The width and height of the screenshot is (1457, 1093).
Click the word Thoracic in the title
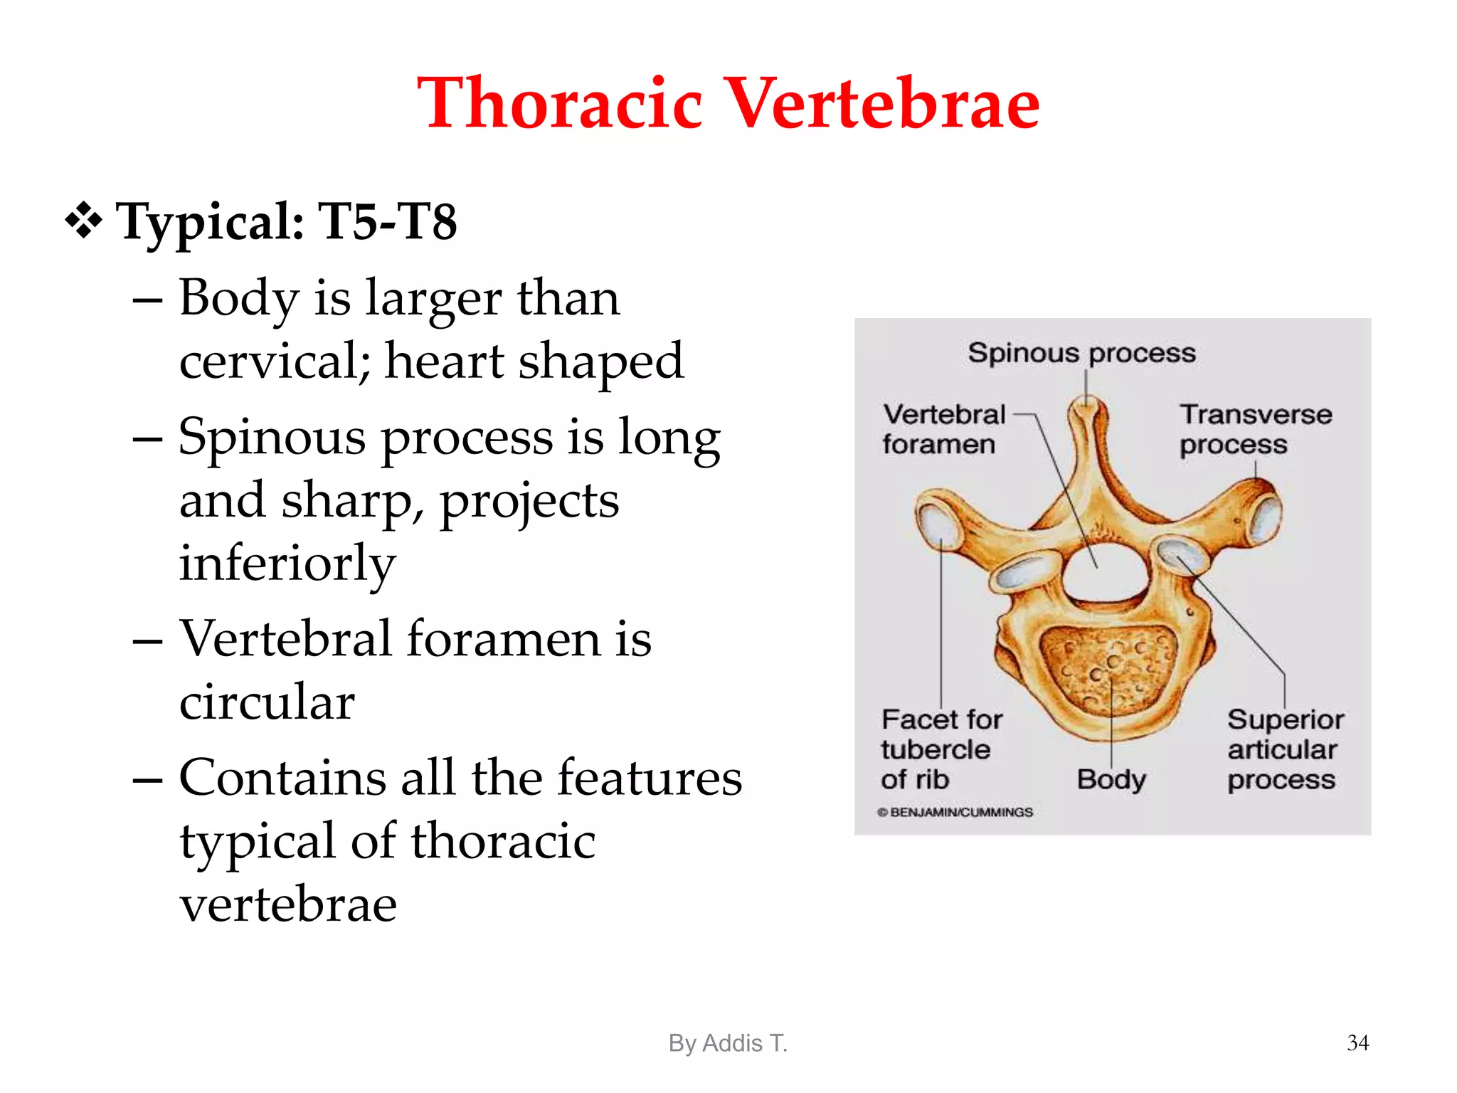(x=560, y=104)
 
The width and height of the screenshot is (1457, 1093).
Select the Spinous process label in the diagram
(x=1081, y=353)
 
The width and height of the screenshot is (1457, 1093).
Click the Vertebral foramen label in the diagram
(x=942, y=429)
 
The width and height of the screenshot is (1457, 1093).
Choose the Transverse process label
(x=1254, y=429)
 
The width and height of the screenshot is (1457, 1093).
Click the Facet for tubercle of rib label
(x=941, y=749)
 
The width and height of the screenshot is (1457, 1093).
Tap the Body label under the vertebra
(x=1111, y=779)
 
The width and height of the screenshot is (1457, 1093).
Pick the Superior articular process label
(x=1284, y=749)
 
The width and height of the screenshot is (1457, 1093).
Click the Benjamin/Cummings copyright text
(x=955, y=812)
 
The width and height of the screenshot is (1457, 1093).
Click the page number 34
(x=1357, y=1042)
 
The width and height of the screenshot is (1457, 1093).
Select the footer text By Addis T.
(x=728, y=1043)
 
